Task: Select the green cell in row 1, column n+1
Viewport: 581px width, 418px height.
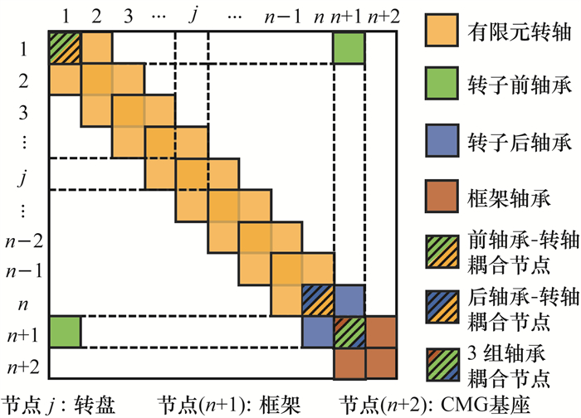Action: (x=349, y=48)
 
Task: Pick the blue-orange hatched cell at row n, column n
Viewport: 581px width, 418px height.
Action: (x=317, y=299)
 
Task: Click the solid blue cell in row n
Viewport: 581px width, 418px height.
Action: (x=349, y=299)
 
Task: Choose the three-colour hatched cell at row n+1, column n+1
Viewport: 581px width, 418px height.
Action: (x=349, y=332)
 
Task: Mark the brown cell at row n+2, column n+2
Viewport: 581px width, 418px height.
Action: (x=381, y=362)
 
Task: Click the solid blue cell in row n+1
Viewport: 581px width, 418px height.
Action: (x=317, y=332)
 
